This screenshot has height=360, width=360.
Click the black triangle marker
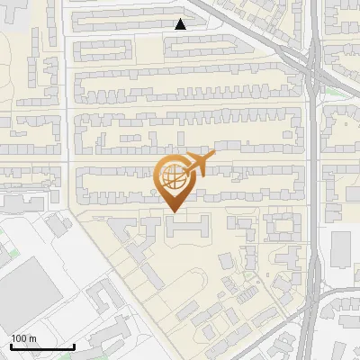coord(181,24)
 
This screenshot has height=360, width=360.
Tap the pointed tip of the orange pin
coord(173,212)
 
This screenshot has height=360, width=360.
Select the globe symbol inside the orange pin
coord(173,176)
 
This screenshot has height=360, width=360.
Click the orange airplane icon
coord(196,166)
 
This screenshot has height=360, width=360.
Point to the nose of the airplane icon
coord(213,157)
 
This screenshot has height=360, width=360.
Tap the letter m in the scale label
coord(32,337)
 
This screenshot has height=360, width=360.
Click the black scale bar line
coord(41,346)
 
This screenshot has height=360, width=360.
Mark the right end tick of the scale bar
coord(74,345)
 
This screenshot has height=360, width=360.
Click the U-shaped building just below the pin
coord(188,229)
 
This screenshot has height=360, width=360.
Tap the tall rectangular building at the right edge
coord(341,248)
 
